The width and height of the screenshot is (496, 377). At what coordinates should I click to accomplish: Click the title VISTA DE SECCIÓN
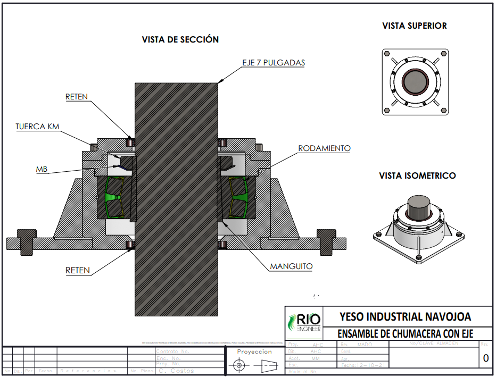180,39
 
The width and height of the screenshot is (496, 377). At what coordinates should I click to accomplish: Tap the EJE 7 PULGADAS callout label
274,62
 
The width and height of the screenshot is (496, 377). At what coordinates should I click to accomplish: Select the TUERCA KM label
38,127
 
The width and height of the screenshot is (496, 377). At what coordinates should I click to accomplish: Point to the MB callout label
42,169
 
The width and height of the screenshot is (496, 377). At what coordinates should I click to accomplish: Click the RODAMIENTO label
324,148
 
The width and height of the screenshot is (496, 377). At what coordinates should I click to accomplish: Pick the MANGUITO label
291,266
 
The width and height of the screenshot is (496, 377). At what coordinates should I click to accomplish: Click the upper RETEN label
77,97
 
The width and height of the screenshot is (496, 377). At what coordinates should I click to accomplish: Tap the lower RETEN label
78,271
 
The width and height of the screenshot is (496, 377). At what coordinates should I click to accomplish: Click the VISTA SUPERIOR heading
415,26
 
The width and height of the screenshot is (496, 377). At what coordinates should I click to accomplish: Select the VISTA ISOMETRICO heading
417,175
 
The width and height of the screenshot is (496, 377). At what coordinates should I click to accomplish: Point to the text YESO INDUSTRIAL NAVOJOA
405,317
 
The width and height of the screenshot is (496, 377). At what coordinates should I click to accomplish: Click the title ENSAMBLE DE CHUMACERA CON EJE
406,334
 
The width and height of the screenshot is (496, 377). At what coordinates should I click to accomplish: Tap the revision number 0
485,358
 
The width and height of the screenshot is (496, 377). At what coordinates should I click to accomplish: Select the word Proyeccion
254,351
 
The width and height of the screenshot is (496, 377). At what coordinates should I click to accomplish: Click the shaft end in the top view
415,82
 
